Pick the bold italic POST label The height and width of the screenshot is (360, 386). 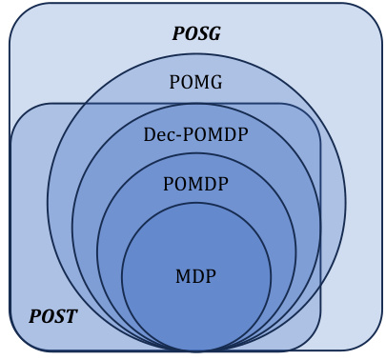[x=52, y=315]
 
